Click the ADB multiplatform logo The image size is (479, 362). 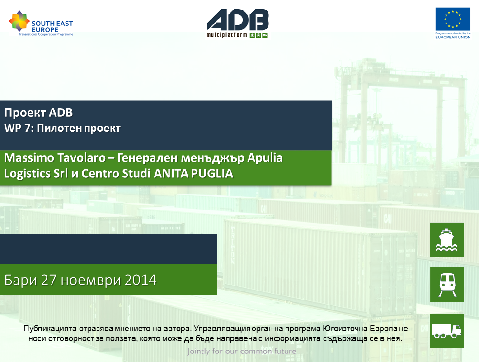pos(238,23)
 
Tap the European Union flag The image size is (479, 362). pos(453,19)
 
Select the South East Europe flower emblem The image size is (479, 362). pos(19,21)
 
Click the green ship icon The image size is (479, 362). pos(447,240)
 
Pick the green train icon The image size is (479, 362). pos(447,285)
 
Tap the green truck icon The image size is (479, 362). pos(447,331)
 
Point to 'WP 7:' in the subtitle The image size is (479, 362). pos(19,128)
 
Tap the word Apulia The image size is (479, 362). pos(265,158)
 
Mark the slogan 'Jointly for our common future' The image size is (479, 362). pos(242,351)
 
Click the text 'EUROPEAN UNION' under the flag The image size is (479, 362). pos(453,38)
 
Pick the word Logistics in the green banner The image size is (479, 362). pos(27,174)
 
